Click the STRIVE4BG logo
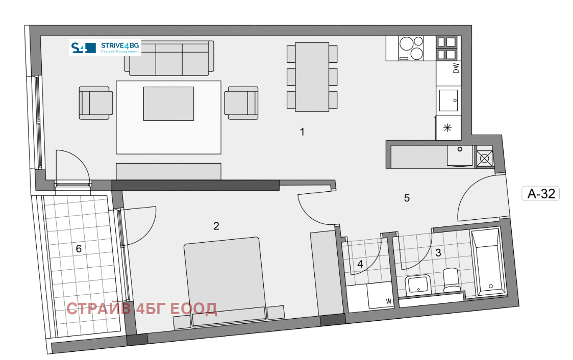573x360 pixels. click(x=105, y=47)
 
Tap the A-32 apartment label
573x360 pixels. click(x=541, y=193)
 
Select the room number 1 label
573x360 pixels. click(x=302, y=132)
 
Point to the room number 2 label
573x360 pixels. click(x=216, y=226)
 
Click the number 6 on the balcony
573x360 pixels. click(x=79, y=249)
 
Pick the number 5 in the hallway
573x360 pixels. click(x=407, y=198)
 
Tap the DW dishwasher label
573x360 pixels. click(x=456, y=68)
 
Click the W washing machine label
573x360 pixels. click(x=388, y=302)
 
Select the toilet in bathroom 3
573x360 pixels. click(x=452, y=280)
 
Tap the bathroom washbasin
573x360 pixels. click(x=418, y=285)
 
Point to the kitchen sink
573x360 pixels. click(x=449, y=100)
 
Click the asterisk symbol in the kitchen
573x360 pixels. click(x=447, y=128)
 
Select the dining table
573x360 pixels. click(x=312, y=76)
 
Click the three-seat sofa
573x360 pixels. click(x=169, y=58)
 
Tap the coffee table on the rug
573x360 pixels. click(x=168, y=104)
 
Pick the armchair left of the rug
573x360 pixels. click(x=96, y=103)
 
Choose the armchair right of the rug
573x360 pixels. click(x=241, y=103)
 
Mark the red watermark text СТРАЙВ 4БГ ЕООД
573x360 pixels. click(x=142, y=309)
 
